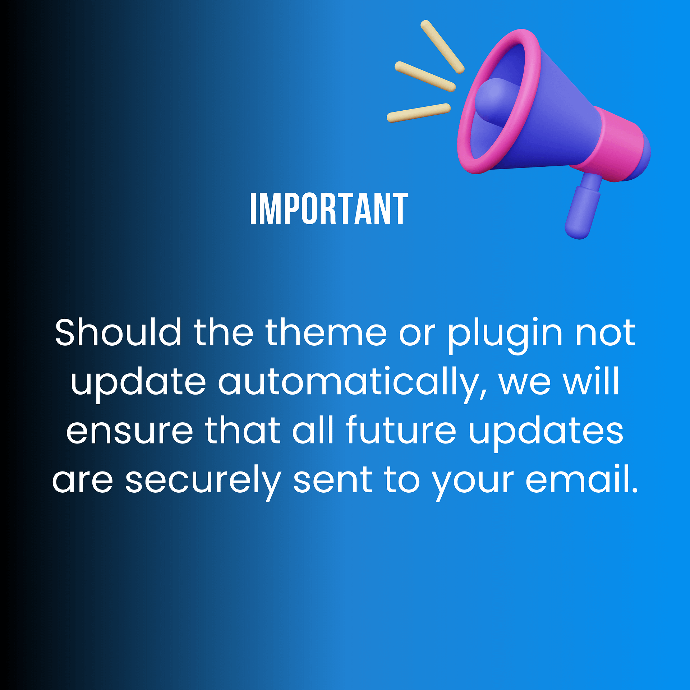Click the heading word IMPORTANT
pos(329,208)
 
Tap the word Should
pos(118,332)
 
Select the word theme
pos(326,332)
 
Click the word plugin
pos(505,336)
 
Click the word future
pos(401,429)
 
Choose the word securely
pos(203,482)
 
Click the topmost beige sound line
pos(442,47)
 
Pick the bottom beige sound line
pos(419,113)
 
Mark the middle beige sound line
pos(425,77)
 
